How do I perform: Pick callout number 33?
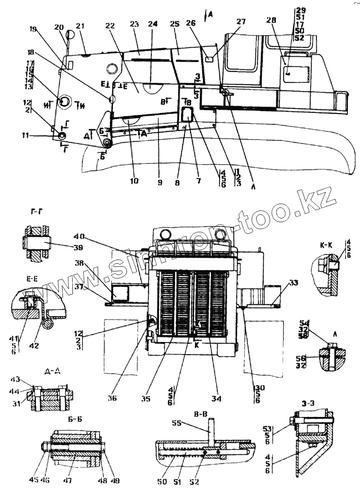click(294, 283)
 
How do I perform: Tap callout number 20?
click(58, 27)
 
